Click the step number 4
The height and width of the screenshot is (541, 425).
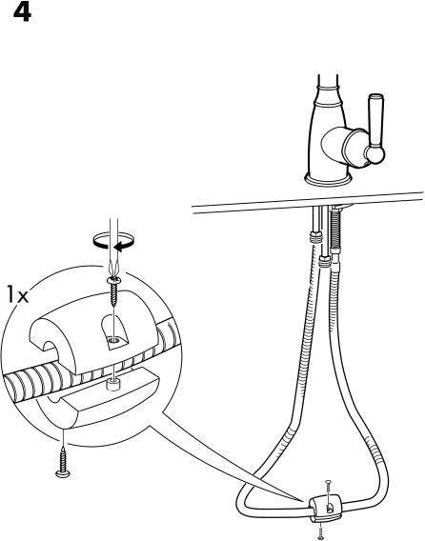pos(22,13)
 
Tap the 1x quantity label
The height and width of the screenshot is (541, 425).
pos(17,295)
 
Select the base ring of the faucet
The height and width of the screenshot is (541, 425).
pos(329,178)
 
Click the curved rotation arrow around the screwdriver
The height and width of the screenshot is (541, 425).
pos(113,240)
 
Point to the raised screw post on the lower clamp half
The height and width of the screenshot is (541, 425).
pos(112,385)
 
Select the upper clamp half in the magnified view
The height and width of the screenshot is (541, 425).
pos(93,331)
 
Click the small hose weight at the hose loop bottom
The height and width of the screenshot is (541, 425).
pos(325,509)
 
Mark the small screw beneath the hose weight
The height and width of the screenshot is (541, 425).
pos(321,532)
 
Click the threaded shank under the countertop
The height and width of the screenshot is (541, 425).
pos(335,229)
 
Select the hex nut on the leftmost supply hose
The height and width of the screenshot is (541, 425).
pos(315,238)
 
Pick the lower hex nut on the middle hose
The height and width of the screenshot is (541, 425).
pos(325,262)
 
